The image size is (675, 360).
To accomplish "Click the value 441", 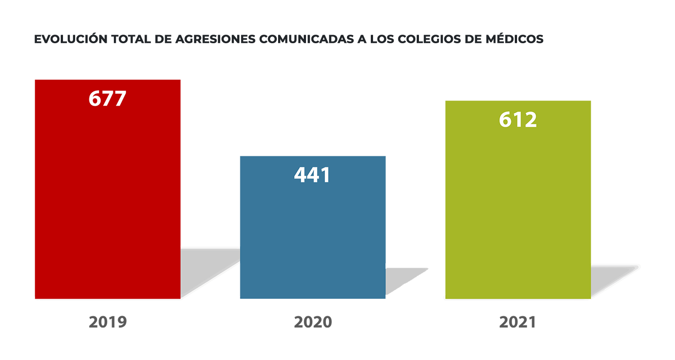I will click(x=312, y=175).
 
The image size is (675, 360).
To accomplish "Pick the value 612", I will click(x=517, y=120).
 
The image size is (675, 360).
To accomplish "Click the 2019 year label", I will click(x=108, y=322).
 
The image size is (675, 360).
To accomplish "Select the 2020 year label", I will click(x=313, y=322).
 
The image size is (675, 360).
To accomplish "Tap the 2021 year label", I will click(x=517, y=322).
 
